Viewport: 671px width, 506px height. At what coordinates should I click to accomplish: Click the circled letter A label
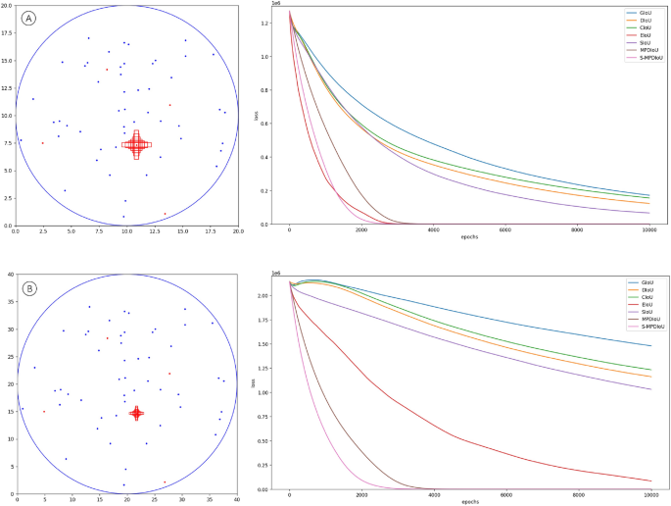tap(31, 18)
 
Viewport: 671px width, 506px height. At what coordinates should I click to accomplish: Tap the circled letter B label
tap(29, 289)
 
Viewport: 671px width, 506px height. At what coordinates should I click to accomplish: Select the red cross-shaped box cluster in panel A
tap(136, 145)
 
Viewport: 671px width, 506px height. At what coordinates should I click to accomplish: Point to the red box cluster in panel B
tap(136, 413)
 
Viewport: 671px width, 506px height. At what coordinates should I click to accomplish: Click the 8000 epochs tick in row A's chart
tap(577, 229)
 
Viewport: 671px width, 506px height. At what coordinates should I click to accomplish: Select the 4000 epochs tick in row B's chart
tap(433, 495)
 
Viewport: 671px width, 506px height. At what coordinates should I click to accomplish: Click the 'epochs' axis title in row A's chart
tap(469, 237)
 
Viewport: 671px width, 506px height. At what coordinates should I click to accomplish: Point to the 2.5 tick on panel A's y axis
tap(7, 198)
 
